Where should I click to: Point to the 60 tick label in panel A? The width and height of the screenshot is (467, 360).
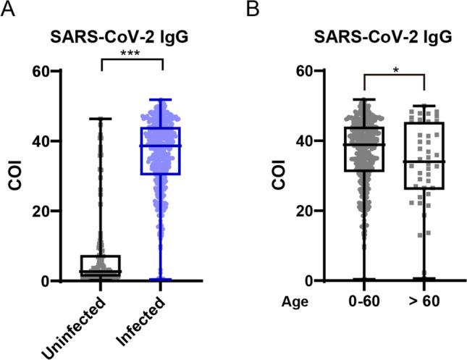tap(40, 71)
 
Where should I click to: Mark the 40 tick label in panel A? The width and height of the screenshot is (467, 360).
tap(40, 141)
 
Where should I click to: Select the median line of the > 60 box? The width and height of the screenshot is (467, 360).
tap(424, 162)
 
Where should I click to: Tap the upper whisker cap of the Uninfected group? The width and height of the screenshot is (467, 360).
tap(100, 118)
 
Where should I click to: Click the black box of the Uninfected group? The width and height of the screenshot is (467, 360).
tap(100, 265)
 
